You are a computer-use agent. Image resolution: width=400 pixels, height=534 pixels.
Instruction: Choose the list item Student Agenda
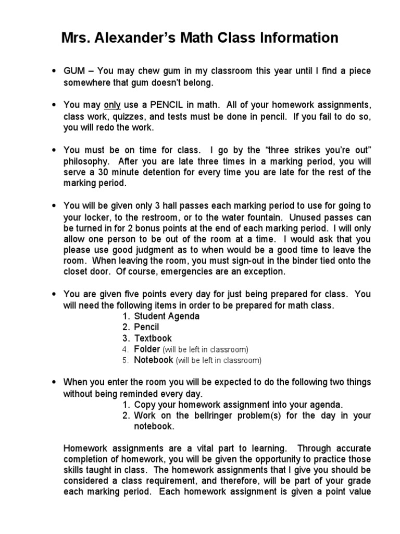pos(167,316)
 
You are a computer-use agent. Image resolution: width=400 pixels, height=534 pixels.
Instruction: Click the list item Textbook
pos(153,338)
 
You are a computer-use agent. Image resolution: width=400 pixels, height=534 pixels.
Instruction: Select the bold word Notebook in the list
pos(153,360)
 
